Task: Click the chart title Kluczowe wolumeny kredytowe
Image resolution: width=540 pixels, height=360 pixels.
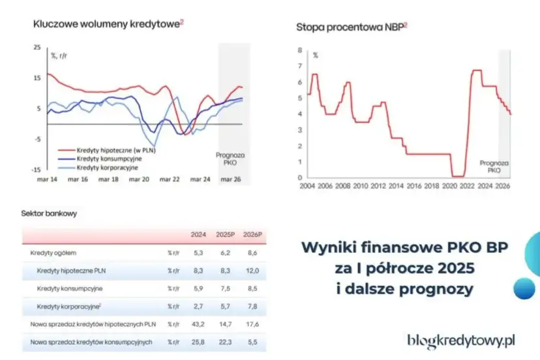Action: pyautogui.click(x=108, y=23)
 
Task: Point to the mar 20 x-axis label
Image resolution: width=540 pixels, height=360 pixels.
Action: pyautogui.click(x=142, y=179)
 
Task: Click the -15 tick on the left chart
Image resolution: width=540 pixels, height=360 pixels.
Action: pyautogui.click(x=37, y=169)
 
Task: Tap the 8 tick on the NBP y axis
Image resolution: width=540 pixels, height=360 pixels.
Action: pyautogui.click(x=299, y=50)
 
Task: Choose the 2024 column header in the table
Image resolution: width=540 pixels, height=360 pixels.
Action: pyautogui.click(x=198, y=235)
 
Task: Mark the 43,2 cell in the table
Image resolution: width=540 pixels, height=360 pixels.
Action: pyautogui.click(x=198, y=323)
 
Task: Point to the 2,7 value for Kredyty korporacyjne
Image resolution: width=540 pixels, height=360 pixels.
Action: pyautogui.click(x=199, y=306)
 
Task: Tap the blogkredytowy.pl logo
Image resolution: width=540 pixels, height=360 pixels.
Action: pyautogui.click(x=461, y=340)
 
